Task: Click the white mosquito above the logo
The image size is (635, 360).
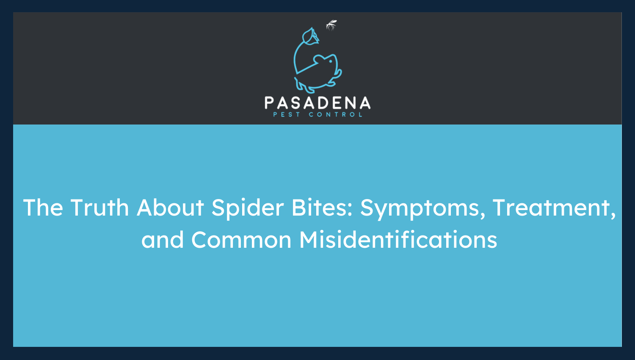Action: pyautogui.click(x=331, y=25)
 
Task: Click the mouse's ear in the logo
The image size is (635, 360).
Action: pyautogui.click(x=319, y=58)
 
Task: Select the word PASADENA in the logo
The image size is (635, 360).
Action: pyautogui.click(x=317, y=103)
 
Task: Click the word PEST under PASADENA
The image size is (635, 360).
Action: pyautogui.click(x=287, y=114)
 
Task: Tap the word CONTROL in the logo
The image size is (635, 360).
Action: pyautogui.click(x=335, y=114)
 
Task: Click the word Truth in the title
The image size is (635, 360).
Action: pyautogui.click(x=99, y=208)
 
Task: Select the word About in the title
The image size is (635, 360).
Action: pyautogui.click(x=170, y=208)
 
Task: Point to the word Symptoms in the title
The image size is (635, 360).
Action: pyautogui.click(x=420, y=208)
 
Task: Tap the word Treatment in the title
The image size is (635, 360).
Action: pyautogui.click(x=551, y=208)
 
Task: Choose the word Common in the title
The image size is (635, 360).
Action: pyautogui.click(x=241, y=240)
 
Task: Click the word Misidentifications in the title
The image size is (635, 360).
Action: pyautogui.click(x=398, y=240)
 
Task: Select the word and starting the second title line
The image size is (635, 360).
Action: pyautogui.click(x=163, y=240)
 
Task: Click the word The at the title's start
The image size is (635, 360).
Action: pyautogui.click(x=43, y=208)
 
